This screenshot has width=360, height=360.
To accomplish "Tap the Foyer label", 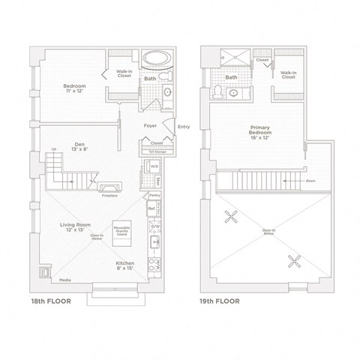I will tap(149, 126).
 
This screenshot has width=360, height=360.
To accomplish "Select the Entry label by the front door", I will tap(184, 127).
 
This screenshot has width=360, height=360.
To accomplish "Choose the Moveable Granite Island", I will tap(121, 233).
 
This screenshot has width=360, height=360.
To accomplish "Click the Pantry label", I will tap(154, 195).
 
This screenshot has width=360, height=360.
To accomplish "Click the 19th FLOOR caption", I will tap(220, 301).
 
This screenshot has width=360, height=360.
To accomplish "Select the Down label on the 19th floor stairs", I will tap(310, 181).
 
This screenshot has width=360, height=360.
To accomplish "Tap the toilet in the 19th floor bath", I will tap(216, 91).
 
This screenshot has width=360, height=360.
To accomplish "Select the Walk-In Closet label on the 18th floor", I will tap(124, 73).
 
